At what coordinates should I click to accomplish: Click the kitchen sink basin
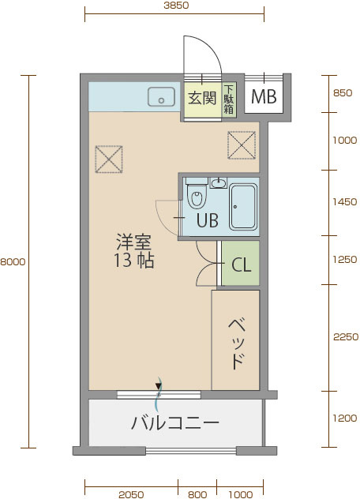click(x=161, y=97)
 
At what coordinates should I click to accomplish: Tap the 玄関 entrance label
click(x=202, y=98)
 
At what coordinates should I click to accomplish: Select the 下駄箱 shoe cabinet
click(x=229, y=99)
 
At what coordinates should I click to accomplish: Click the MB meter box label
click(x=264, y=96)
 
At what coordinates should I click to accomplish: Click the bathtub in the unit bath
click(x=243, y=207)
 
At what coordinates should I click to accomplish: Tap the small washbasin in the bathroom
click(x=219, y=183)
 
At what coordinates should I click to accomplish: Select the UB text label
click(x=208, y=220)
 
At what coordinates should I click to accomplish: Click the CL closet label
click(x=242, y=265)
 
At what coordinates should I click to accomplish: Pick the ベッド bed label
click(x=238, y=344)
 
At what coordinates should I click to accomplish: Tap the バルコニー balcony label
click(x=175, y=422)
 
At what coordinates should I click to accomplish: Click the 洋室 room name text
click(x=134, y=242)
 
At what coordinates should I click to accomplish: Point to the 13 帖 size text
click(x=134, y=260)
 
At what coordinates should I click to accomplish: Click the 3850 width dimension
click(x=176, y=6)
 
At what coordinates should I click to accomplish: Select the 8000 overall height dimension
click(x=13, y=261)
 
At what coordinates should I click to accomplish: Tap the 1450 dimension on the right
click(x=345, y=201)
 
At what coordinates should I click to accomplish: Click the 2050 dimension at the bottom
click(x=131, y=494)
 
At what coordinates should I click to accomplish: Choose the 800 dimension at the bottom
click(x=197, y=494)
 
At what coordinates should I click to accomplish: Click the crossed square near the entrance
click(x=242, y=145)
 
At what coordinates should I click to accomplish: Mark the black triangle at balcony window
click(x=158, y=386)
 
